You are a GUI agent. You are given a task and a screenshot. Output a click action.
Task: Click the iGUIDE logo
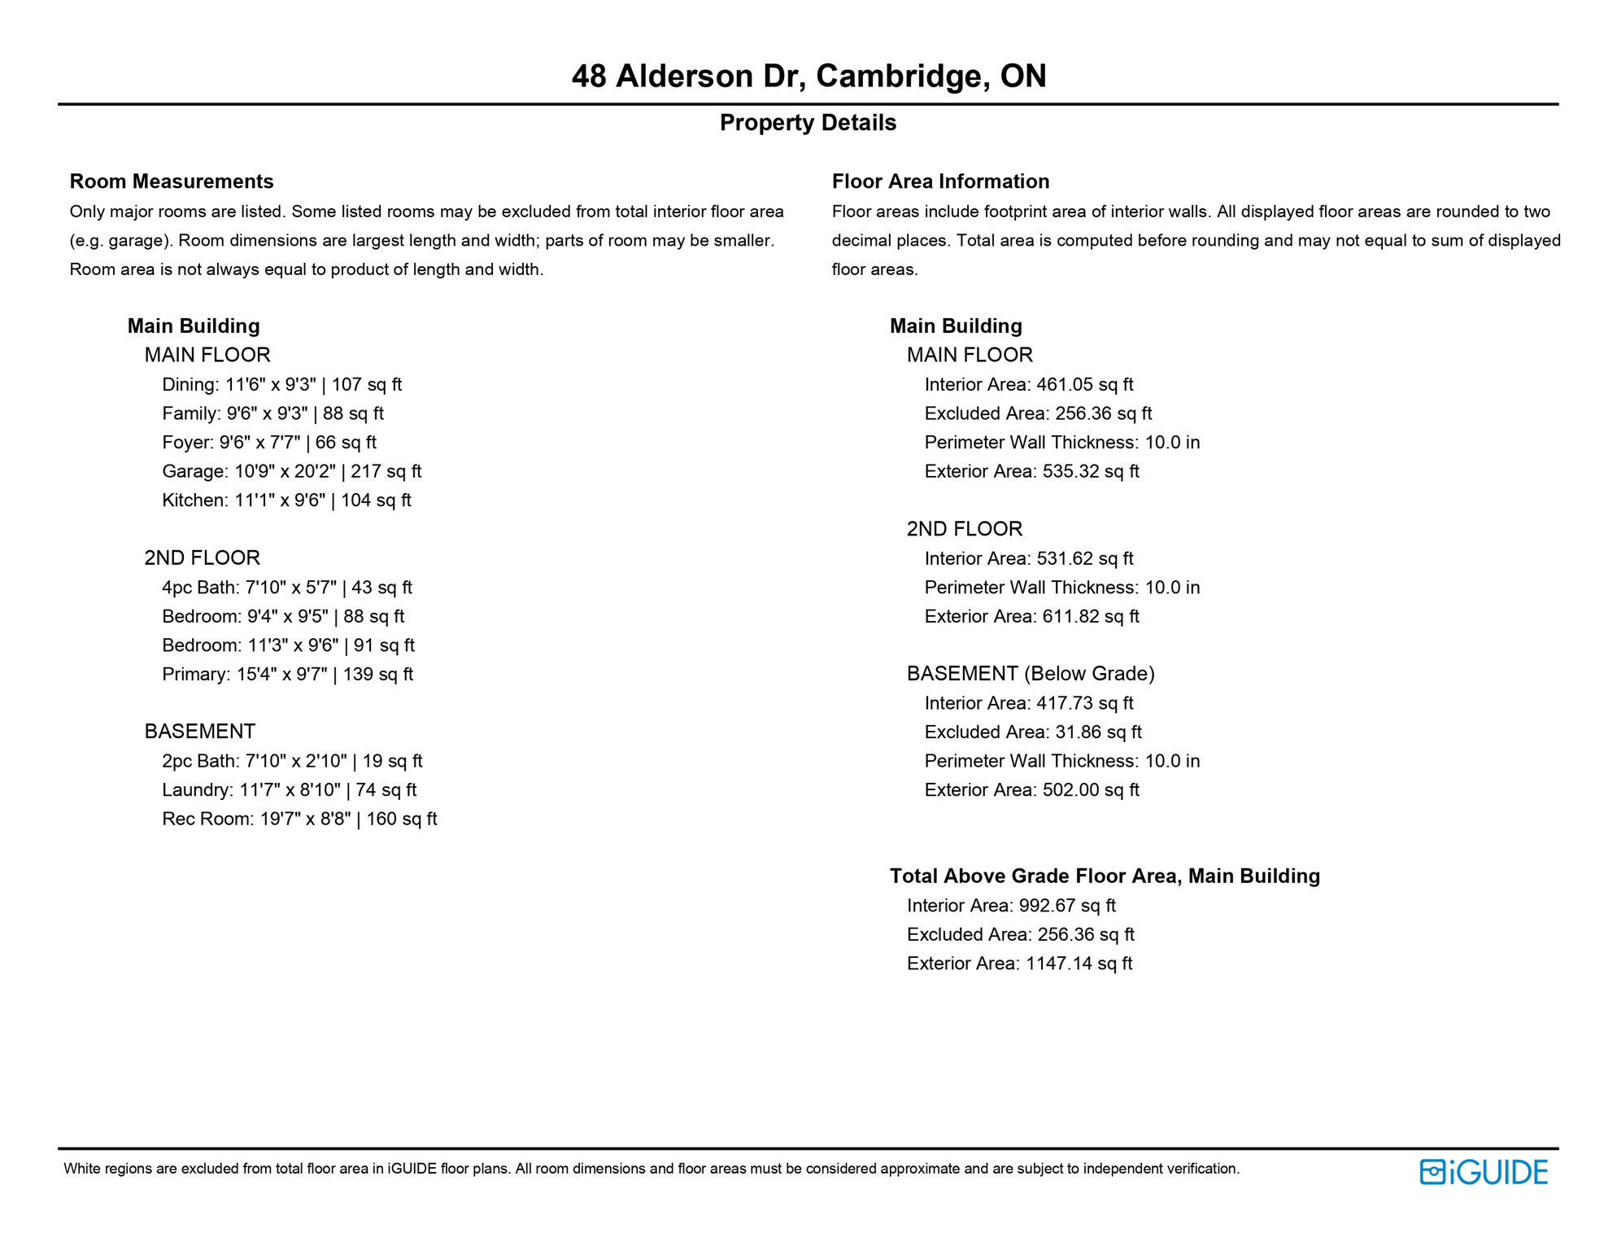[x=1483, y=1172]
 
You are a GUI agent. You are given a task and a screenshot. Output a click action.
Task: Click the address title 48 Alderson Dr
[x=808, y=76]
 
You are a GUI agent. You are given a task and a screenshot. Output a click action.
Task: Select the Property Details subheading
[x=808, y=123]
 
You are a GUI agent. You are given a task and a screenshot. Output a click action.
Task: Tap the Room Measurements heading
[x=172, y=181]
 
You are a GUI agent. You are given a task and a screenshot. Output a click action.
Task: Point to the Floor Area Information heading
[x=940, y=181]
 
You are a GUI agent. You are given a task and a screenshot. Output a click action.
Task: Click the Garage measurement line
[x=291, y=471]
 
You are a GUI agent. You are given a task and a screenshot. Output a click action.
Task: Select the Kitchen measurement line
[x=286, y=500]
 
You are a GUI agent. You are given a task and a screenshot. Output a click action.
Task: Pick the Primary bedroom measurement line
[x=287, y=675]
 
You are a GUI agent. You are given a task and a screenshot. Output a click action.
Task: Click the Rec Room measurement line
[x=299, y=819]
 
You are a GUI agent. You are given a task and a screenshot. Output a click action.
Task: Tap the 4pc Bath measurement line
[x=286, y=588]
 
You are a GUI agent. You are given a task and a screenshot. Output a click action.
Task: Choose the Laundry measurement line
[x=289, y=790]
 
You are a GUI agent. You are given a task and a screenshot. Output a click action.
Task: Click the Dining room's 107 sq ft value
[x=366, y=385]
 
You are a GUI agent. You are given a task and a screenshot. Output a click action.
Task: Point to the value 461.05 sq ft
[x=1084, y=385]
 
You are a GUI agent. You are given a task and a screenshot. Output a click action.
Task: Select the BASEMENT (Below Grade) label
[x=1031, y=674]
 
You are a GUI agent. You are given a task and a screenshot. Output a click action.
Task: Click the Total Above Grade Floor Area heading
[x=1105, y=876]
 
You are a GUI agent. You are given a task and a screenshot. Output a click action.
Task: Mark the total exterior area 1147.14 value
[x=1079, y=964]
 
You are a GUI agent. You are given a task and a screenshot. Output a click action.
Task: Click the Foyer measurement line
[x=268, y=443]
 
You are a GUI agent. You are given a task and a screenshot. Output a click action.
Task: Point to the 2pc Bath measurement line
[x=292, y=762]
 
